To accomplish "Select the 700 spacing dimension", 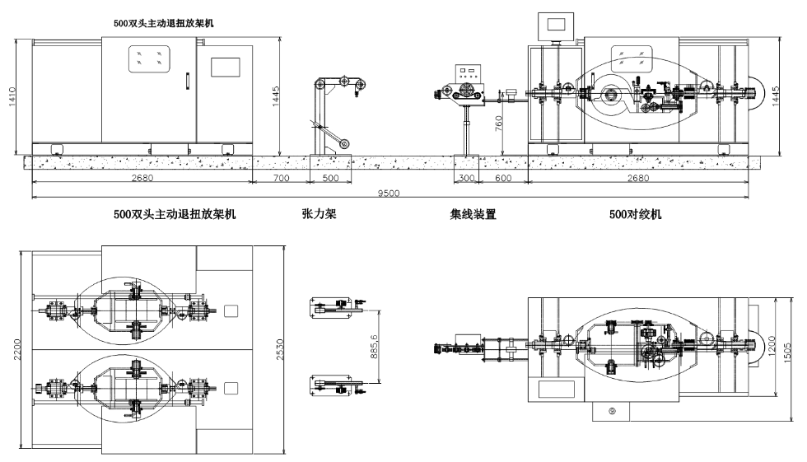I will [x=280, y=178].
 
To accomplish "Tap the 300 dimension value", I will [x=467, y=178].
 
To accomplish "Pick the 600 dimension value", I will [x=503, y=178].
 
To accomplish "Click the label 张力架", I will [x=320, y=215].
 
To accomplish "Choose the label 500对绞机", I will [x=635, y=215].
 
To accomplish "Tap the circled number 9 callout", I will [x=612, y=409].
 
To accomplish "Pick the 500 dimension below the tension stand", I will [x=329, y=178].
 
